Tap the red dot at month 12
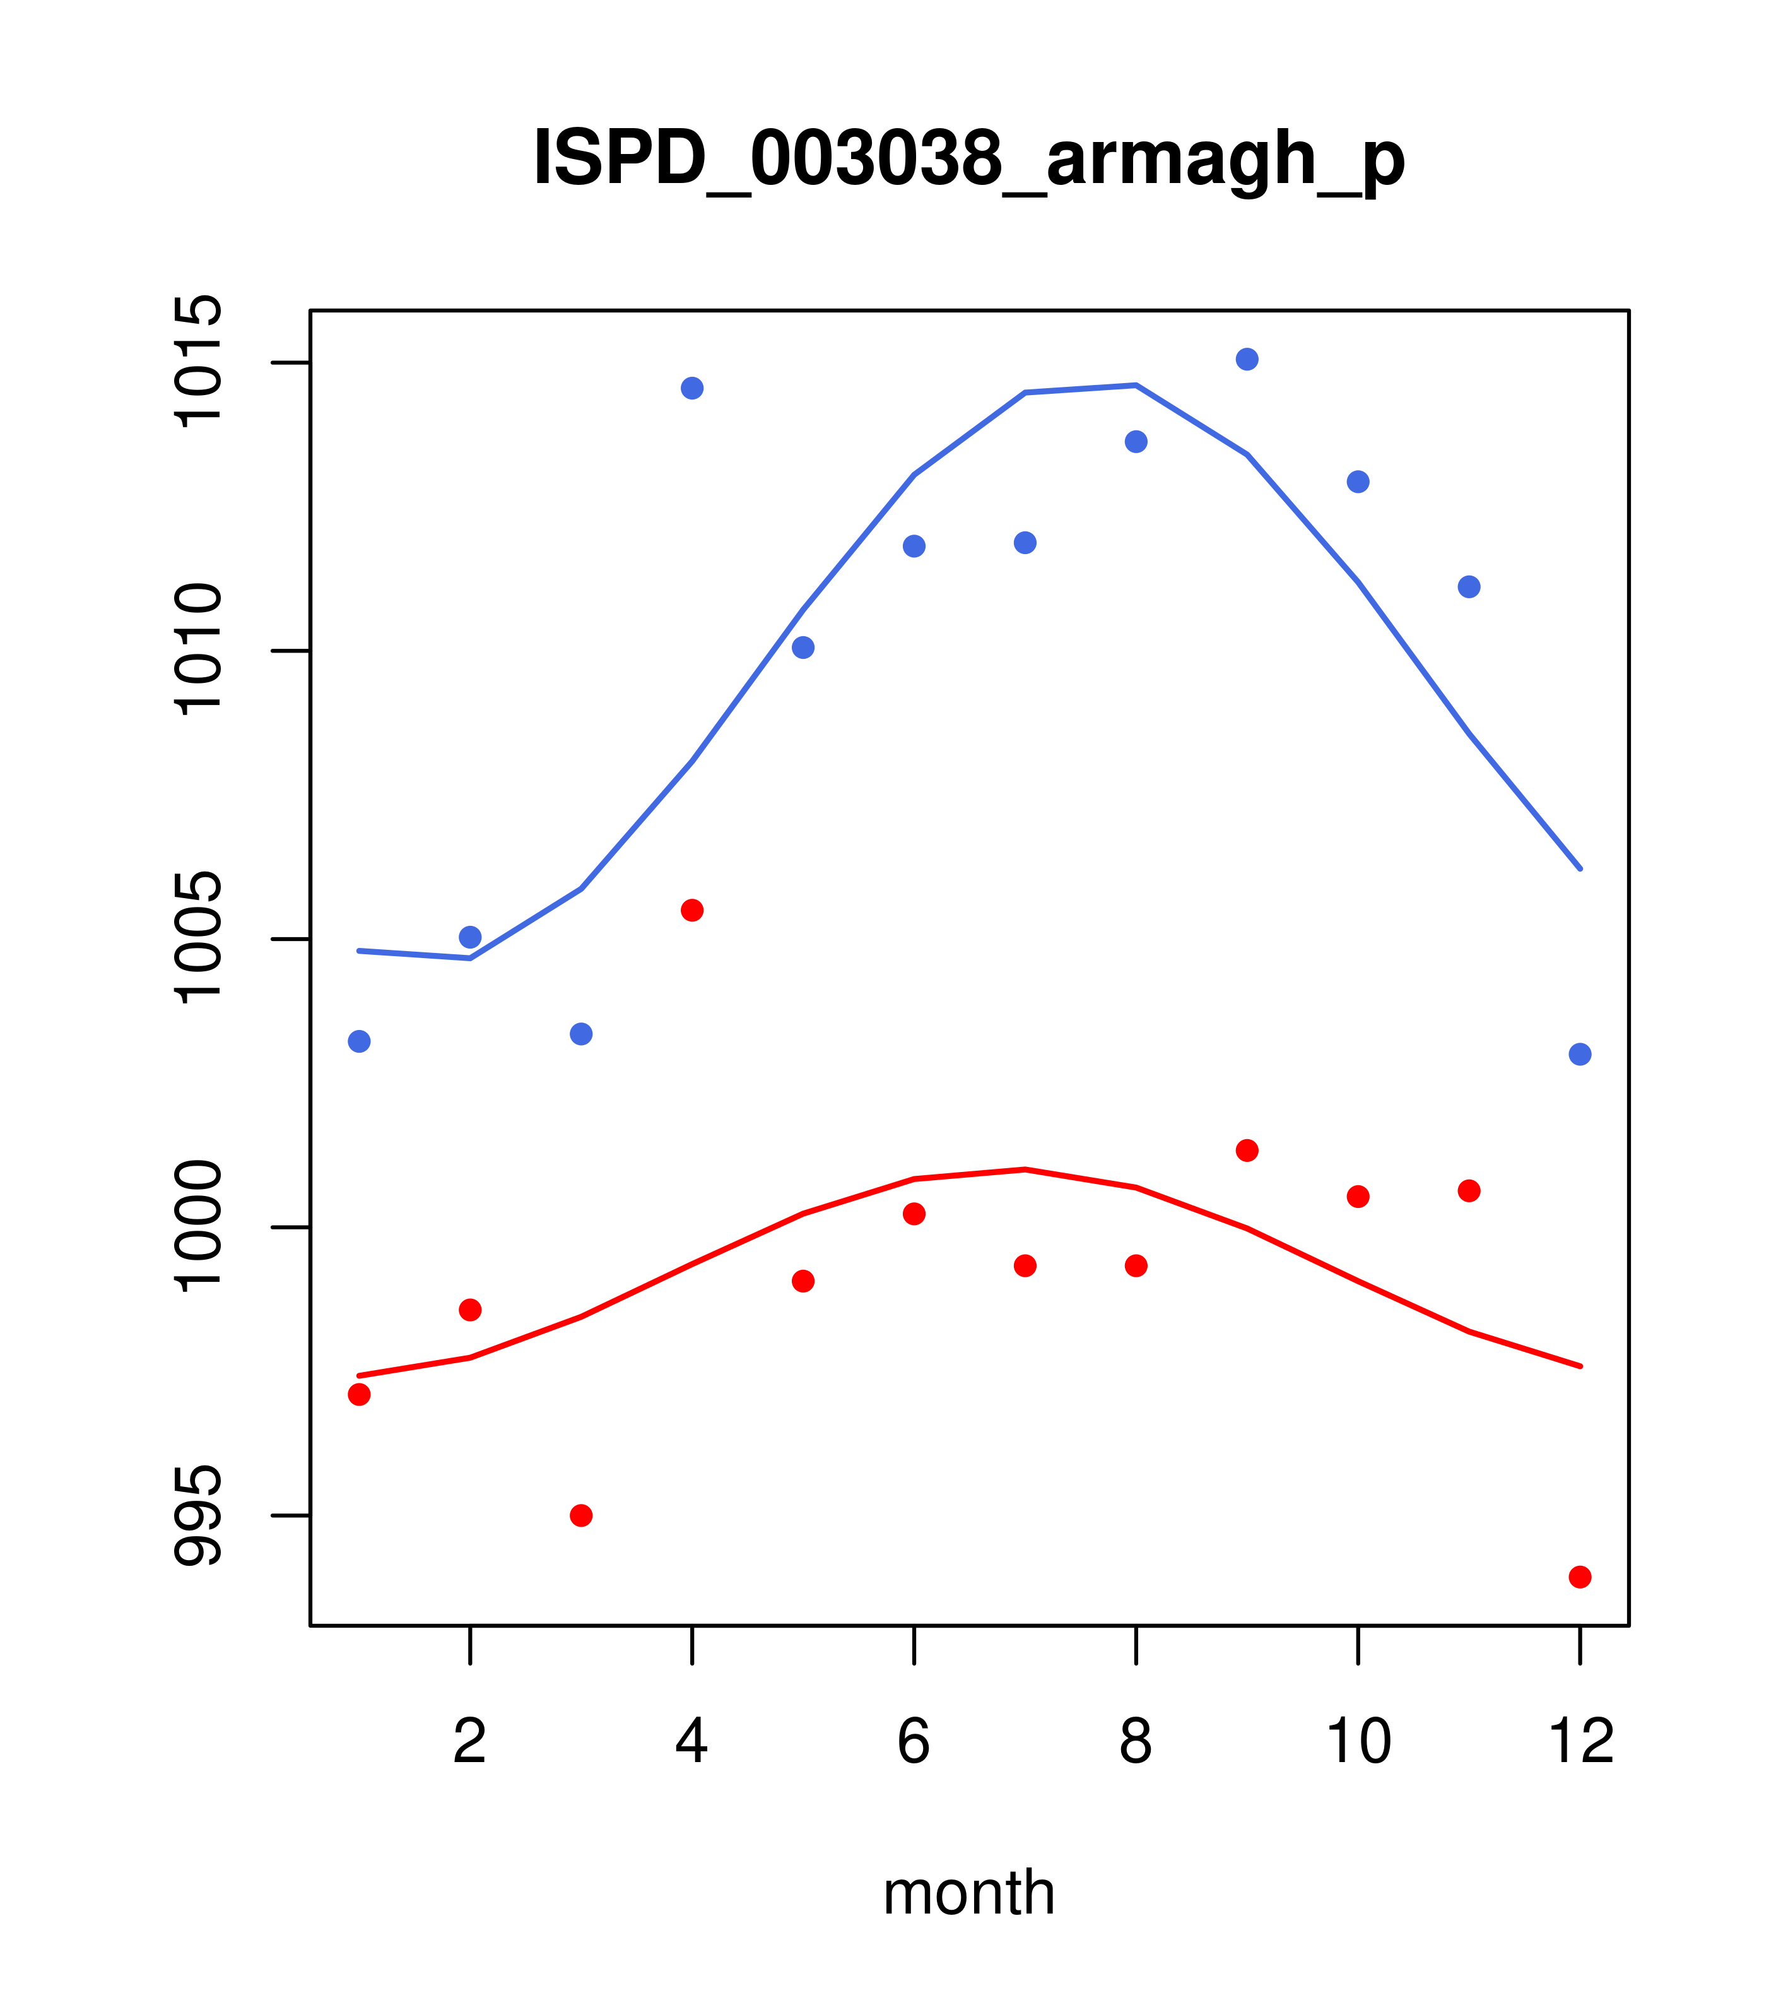(x=1580, y=1578)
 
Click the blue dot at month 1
(x=359, y=1041)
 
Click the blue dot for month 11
(x=1469, y=588)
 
